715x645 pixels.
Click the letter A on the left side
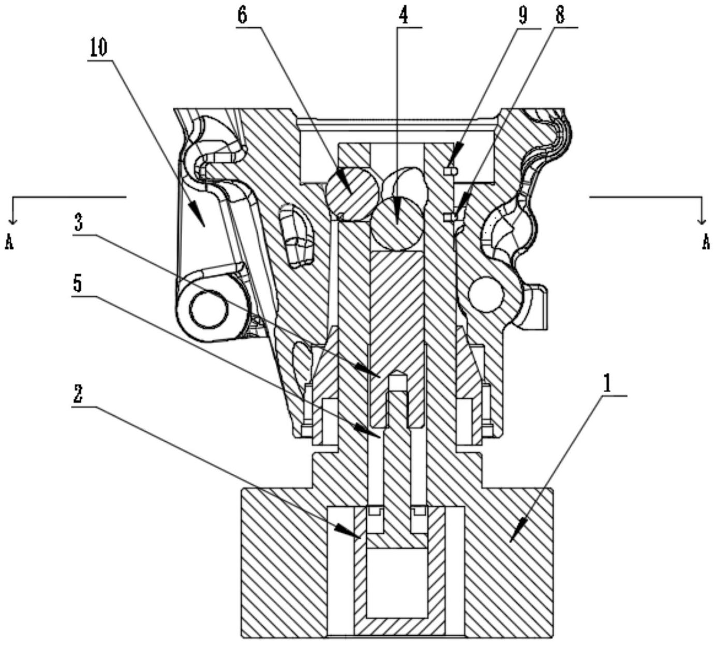pyautogui.click(x=9, y=244)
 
